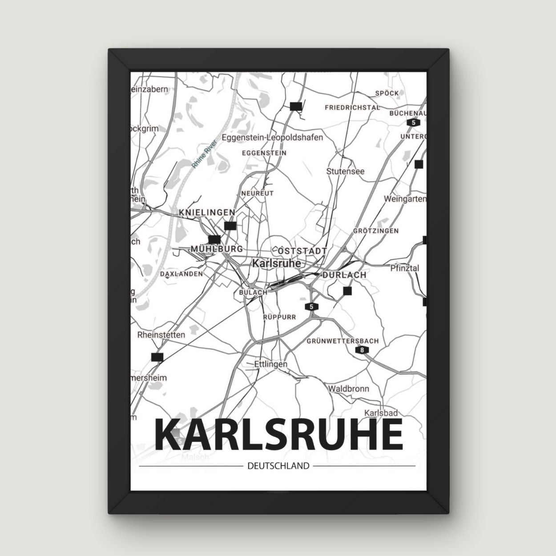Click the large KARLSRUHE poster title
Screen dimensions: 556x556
point(279,434)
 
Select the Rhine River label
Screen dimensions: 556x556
point(205,153)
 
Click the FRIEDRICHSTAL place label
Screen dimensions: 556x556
point(352,108)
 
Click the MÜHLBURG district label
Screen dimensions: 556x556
point(217,249)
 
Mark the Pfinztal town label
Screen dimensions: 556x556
point(404,268)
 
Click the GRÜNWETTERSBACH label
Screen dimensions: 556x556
point(342,341)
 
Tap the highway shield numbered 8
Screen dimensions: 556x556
point(363,351)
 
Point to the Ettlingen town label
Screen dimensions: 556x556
point(270,364)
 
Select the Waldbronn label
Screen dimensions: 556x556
point(348,389)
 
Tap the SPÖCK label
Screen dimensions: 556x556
point(387,93)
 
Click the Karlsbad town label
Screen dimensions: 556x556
point(381,413)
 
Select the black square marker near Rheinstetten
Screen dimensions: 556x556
point(157,357)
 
